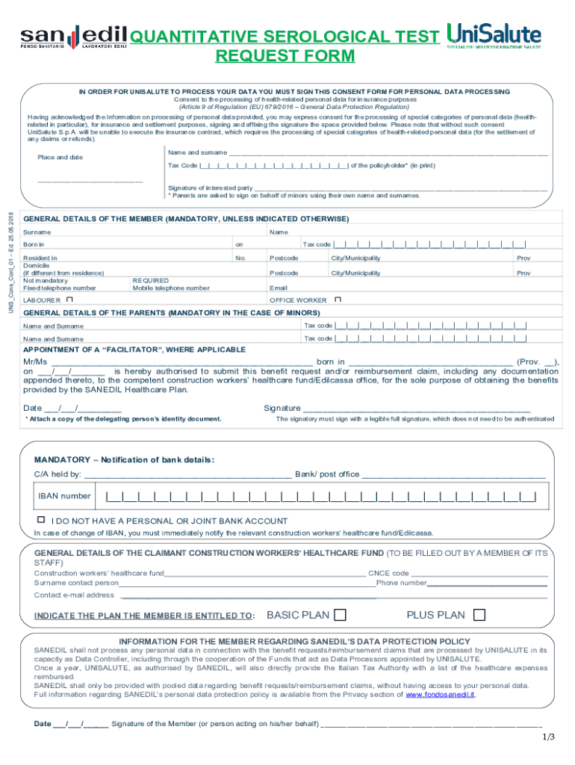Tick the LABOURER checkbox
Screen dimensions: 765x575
point(69,300)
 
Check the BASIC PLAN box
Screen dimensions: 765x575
point(340,616)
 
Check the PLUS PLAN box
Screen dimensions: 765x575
point(479,616)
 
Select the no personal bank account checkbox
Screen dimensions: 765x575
point(42,519)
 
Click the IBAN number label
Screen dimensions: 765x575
point(65,496)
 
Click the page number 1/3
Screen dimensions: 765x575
point(549,737)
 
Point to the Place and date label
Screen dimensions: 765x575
point(60,158)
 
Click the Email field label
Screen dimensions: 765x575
point(278,288)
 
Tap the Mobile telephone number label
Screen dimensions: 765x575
point(171,288)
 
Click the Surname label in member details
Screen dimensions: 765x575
point(37,232)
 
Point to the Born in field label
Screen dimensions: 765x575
point(34,244)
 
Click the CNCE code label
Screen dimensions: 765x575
point(388,573)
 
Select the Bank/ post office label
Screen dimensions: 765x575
point(327,474)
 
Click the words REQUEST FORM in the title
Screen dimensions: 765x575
point(285,56)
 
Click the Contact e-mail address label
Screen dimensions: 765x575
point(74,595)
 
